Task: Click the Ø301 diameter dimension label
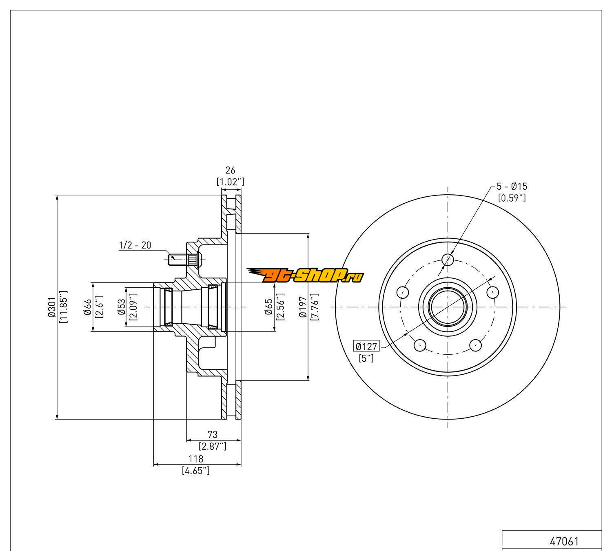point(51,307)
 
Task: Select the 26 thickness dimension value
point(231,171)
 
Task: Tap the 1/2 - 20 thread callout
point(135,245)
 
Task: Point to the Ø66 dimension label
point(87,307)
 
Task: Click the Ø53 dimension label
point(121,307)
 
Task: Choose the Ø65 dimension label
point(268,307)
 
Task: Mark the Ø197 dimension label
point(302,307)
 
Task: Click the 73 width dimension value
point(213,434)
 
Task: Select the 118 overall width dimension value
point(196,459)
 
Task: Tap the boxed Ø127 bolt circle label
point(366,347)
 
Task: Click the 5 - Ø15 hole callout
point(512,187)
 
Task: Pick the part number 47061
point(564,542)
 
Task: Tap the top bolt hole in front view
point(448,259)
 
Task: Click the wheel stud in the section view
point(182,258)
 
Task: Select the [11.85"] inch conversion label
point(63,307)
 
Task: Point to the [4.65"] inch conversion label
point(196,471)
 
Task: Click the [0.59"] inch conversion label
point(512,198)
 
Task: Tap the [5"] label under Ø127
point(366,358)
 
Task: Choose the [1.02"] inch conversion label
point(231,182)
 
